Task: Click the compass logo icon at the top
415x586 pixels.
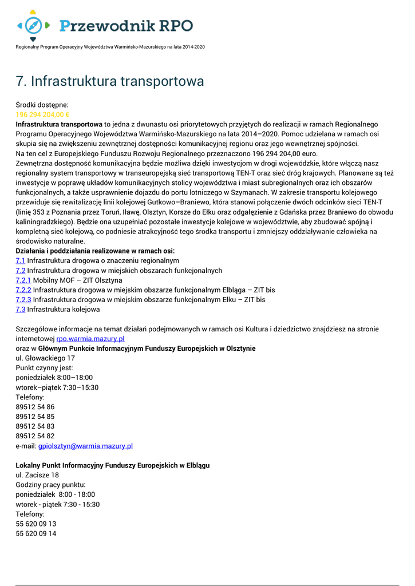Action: (33, 25)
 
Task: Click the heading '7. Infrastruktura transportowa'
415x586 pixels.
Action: (110, 81)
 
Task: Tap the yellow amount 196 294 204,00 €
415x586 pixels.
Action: (42, 114)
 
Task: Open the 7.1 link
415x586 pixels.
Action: (21, 260)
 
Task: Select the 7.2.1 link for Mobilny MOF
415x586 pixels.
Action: (23, 280)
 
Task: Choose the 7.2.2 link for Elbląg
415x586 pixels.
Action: (23, 290)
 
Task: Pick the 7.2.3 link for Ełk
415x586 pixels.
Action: (23, 299)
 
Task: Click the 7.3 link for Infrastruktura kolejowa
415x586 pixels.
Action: (21, 310)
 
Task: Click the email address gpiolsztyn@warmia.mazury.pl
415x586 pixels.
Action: (85, 446)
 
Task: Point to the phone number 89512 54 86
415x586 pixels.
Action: (35, 407)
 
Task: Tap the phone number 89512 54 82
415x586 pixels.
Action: (35, 436)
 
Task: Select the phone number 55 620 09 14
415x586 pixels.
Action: (36, 533)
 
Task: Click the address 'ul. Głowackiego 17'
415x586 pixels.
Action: (45, 358)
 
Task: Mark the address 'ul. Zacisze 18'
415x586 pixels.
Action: (37, 475)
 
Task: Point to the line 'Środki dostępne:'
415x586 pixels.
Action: (42, 105)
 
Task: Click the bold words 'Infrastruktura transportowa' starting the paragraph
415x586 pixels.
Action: (59, 124)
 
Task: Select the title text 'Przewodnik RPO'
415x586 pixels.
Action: (127, 26)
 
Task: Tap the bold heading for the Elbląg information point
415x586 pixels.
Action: (112, 465)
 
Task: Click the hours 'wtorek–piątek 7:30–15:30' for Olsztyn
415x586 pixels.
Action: (57, 387)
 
